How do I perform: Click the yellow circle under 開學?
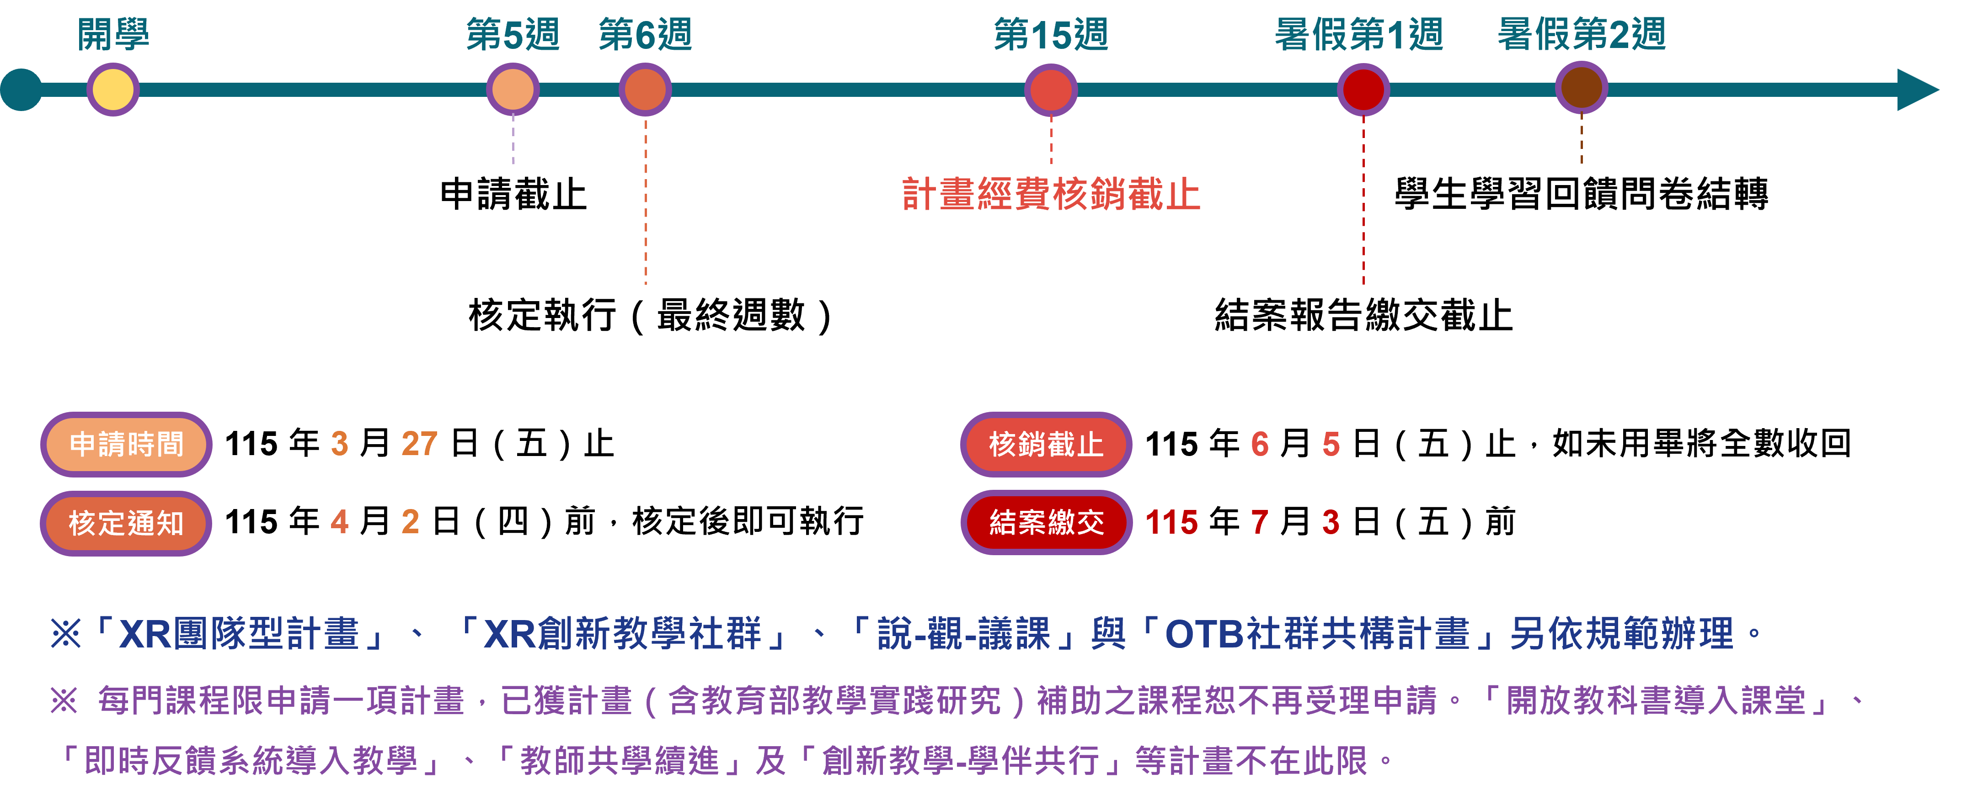point(112,89)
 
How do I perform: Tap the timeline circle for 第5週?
point(513,89)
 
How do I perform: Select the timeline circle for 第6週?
point(645,89)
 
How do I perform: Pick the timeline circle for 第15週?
point(1051,89)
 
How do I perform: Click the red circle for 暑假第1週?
point(1363,89)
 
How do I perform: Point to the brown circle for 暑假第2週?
point(1581,89)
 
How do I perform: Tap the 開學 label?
point(113,35)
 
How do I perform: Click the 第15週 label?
point(1051,35)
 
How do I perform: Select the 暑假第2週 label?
point(1581,35)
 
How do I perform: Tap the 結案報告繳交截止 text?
point(1363,315)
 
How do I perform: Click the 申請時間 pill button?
point(126,444)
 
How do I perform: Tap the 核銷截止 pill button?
point(1046,444)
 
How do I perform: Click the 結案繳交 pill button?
point(1046,522)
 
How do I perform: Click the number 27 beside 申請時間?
point(420,444)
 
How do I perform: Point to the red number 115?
point(1171,522)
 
